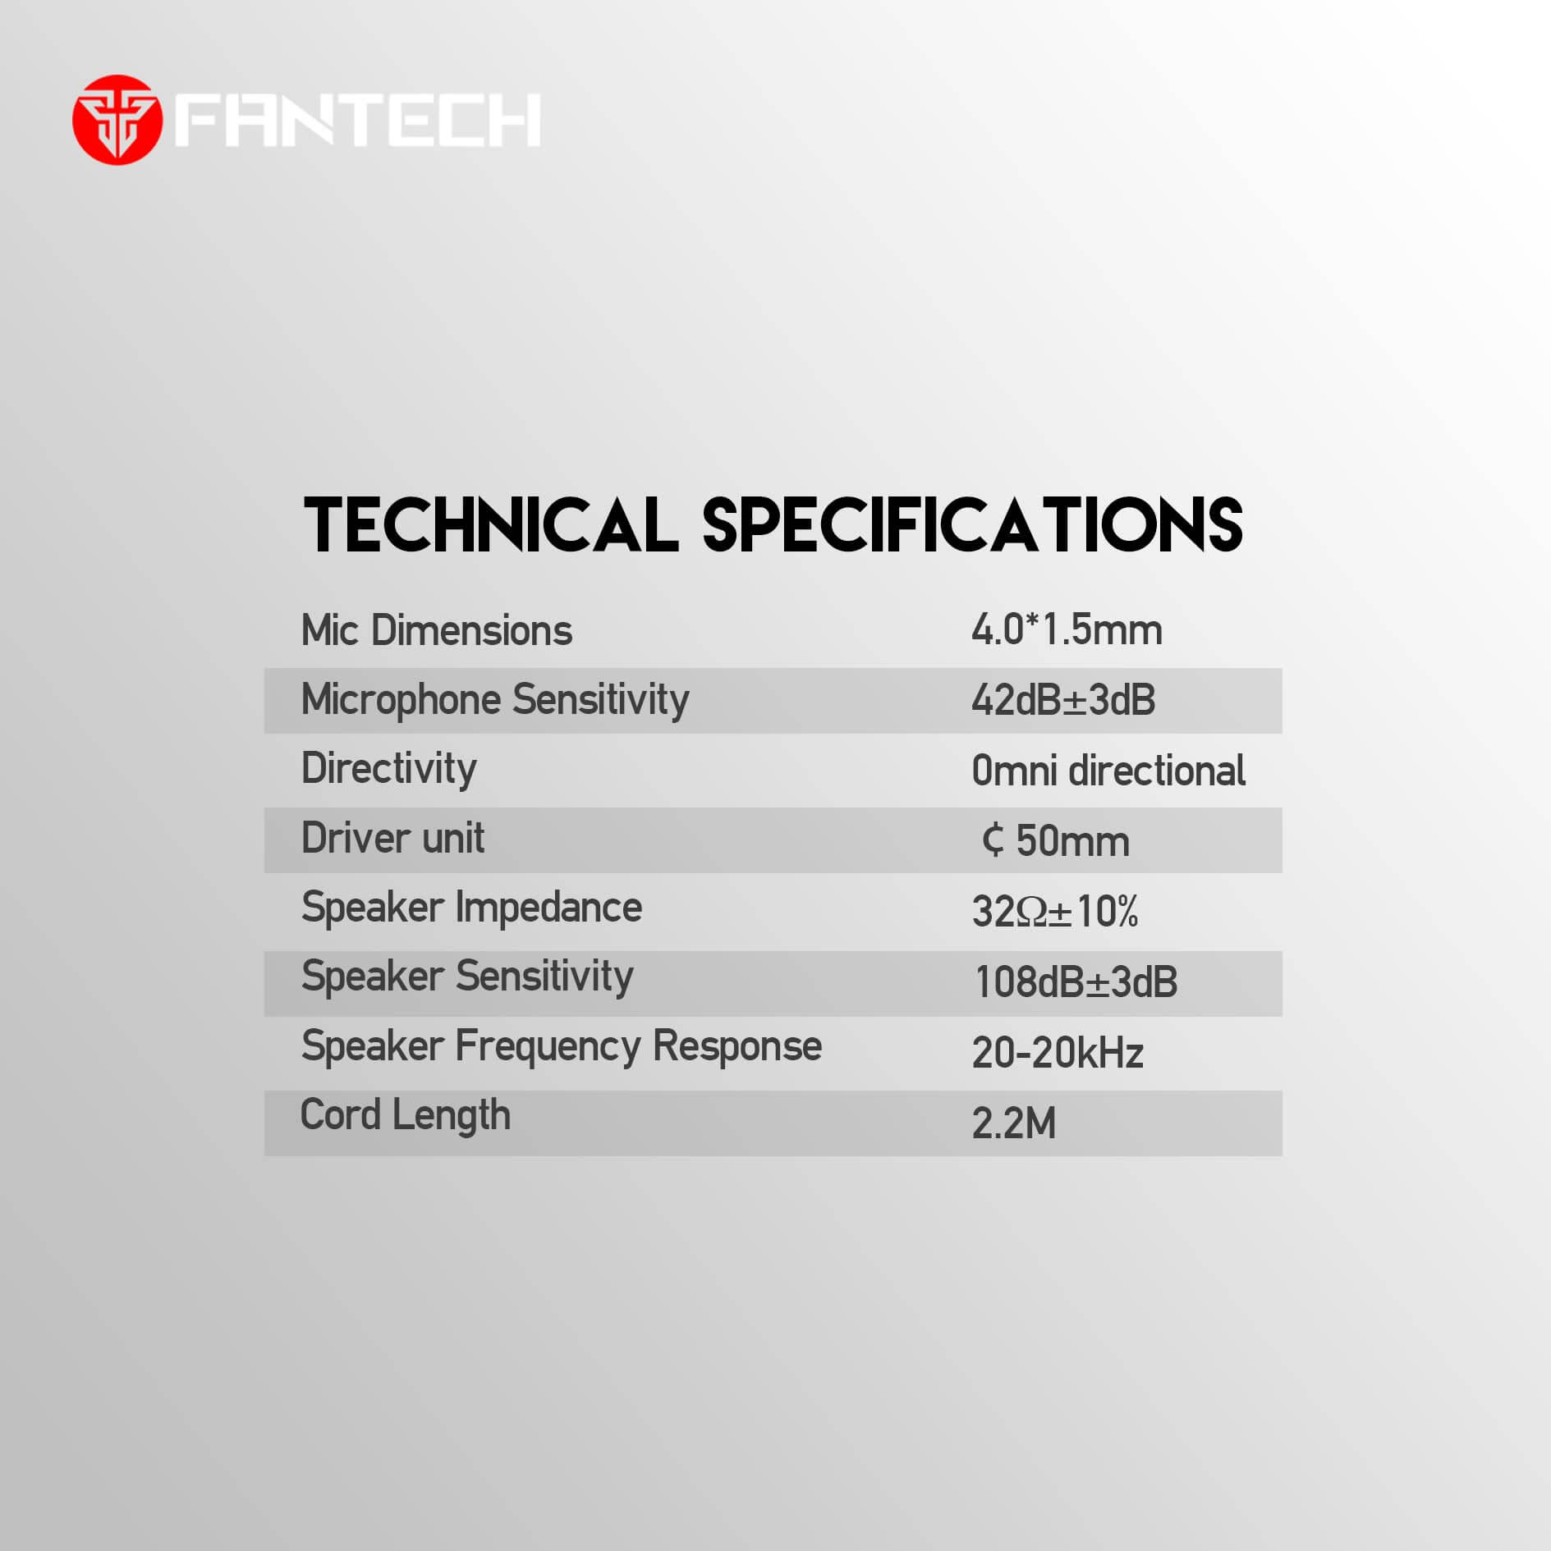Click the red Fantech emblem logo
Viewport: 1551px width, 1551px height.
(x=117, y=120)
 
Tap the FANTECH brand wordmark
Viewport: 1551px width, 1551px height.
(x=358, y=120)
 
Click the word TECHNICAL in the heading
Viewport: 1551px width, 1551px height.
(x=491, y=524)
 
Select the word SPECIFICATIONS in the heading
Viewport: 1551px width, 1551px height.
(x=973, y=524)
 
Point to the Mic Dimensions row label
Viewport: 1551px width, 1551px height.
(x=437, y=630)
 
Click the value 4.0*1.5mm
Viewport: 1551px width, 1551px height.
(x=1067, y=630)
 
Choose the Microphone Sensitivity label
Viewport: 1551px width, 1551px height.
(x=495, y=701)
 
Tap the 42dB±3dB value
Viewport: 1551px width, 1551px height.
(x=1063, y=701)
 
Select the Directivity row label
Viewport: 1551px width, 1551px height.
(x=389, y=770)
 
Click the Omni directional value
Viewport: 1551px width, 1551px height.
(x=1108, y=771)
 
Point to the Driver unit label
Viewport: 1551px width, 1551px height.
(x=392, y=838)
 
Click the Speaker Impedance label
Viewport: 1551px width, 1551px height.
(x=471, y=908)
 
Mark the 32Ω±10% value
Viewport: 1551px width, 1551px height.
(x=1055, y=911)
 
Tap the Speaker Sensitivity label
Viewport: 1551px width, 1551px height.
(x=467, y=977)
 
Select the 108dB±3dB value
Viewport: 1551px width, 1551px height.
(x=1076, y=981)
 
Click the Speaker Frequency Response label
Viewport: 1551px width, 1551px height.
(x=562, y=1047)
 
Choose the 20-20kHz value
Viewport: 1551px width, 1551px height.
(x=1058, y=1053)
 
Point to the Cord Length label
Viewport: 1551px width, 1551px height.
(x=406, y=1116)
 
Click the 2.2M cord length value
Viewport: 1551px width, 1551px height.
(x=1014, y=1123)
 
